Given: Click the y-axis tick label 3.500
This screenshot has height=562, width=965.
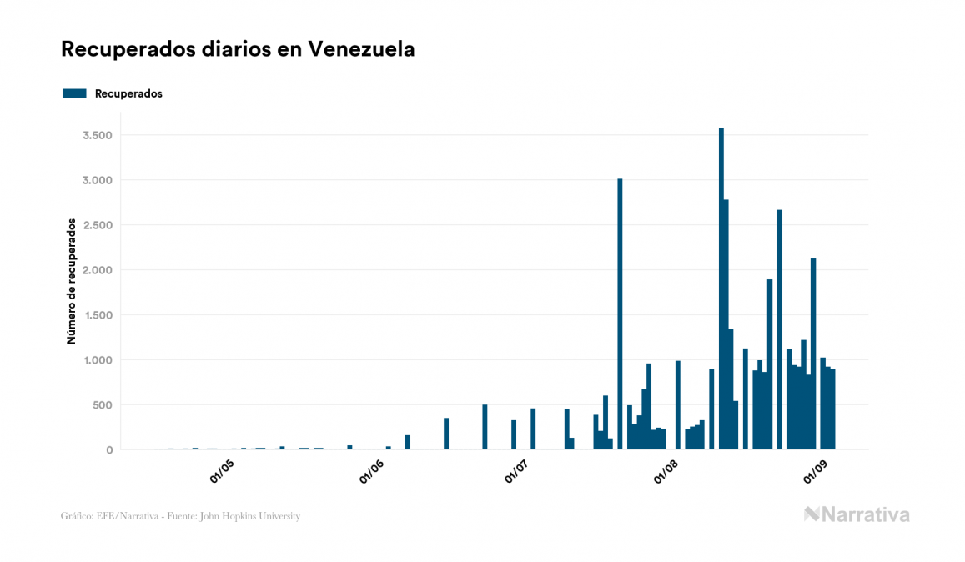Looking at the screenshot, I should pos(98,135).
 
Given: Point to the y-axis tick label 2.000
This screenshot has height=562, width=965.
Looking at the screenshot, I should pos(98,270).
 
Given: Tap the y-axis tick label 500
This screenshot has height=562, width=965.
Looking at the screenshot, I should pos(103,405).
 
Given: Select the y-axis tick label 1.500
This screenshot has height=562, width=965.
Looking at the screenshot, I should pos(98,315).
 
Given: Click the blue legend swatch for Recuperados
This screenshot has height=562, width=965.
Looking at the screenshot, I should pos(74,93).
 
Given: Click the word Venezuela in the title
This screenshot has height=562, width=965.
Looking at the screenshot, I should pos(361,49).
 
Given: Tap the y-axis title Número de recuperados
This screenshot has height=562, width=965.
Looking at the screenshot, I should pos(72,281).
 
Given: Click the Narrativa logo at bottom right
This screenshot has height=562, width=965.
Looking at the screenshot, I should pos(857,514).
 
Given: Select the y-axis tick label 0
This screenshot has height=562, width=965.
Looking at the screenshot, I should pos(108,450).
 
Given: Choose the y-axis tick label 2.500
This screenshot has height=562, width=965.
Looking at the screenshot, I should pos(98,225).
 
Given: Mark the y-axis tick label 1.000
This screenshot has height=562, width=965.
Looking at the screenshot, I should pos(98,360).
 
